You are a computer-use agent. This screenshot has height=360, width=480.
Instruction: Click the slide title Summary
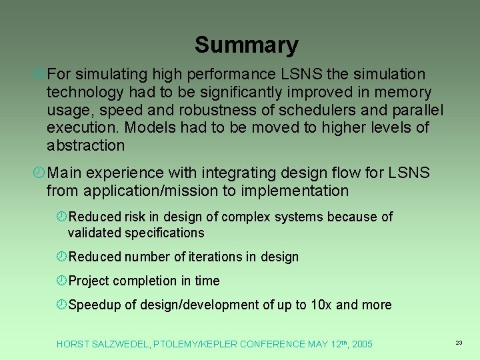246,45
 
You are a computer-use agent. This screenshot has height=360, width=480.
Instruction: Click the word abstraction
85,145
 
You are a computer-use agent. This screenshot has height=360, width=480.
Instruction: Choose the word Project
88,281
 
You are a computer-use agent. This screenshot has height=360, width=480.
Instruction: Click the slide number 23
459,343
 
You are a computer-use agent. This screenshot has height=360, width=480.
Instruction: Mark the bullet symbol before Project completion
61,281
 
